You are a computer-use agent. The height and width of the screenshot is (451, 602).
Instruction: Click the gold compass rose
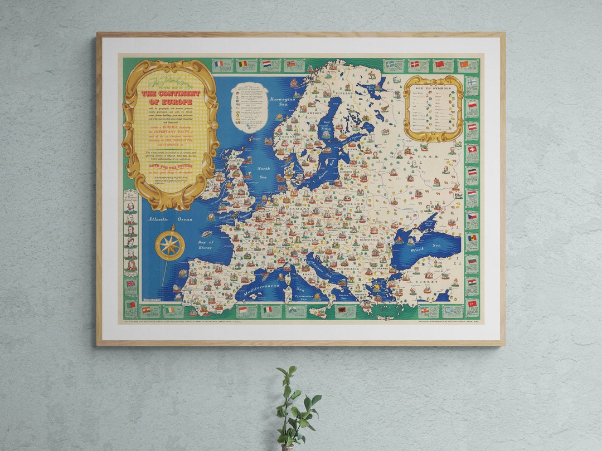169,246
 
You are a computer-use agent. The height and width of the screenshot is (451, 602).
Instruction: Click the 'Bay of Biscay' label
205,245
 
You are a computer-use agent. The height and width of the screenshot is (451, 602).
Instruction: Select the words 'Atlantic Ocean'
170,219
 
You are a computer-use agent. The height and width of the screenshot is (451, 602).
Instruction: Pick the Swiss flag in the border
472,149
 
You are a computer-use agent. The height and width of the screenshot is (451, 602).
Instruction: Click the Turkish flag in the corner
472,303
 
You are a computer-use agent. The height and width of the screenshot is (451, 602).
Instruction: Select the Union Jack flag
131,283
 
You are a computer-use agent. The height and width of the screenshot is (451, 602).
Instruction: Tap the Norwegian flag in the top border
291,63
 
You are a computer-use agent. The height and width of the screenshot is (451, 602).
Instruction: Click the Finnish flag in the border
472,82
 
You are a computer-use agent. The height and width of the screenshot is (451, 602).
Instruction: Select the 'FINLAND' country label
344,94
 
